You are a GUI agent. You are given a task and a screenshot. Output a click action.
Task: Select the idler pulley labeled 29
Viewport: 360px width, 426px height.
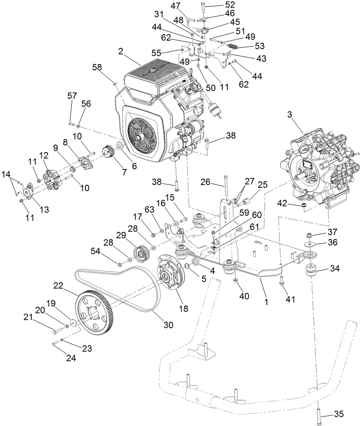point(140,253)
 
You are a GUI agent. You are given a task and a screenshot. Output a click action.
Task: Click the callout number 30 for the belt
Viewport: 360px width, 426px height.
point(169,325)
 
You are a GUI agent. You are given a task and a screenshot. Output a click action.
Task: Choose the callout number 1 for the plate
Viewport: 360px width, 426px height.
point(266,302)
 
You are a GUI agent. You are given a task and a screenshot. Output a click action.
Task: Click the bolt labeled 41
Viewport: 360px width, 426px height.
point(282,282)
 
